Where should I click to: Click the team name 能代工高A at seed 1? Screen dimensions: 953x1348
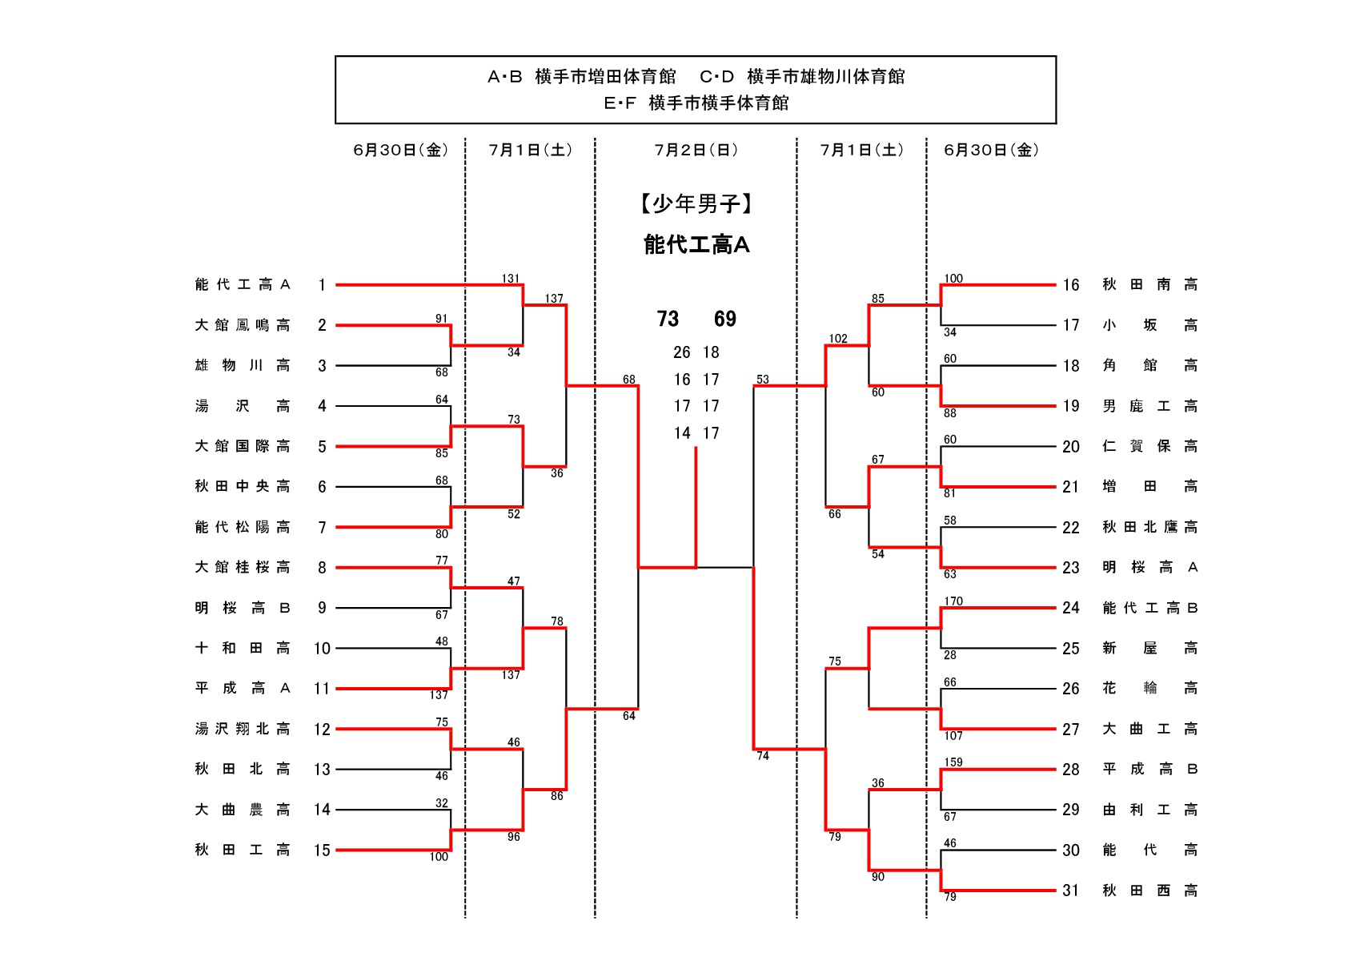pos(243,285)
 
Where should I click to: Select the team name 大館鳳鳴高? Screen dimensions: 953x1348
pos(243,325)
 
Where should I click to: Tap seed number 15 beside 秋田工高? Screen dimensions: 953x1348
pos(322,850)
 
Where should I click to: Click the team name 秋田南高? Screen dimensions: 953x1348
pos(1149,285)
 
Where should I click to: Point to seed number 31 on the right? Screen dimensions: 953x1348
pos(1071,891)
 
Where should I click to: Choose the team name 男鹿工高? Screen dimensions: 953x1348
pos(1149,406)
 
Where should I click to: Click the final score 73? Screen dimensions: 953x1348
pos(668,320)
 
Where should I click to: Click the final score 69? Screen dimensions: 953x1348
pos(725,320)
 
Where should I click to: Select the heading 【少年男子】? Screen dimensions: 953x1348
pos(696,204)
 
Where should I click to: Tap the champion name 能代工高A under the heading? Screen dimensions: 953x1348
pos(696,245)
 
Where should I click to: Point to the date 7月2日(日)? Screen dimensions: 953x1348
pos(696,151)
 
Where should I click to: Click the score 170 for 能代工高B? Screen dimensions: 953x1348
pos(953,601)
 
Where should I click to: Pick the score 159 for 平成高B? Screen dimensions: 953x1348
pos(953,762)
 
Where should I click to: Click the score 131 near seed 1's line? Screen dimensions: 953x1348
pos(511,279)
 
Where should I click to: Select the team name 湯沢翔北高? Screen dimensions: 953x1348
pos(243,729)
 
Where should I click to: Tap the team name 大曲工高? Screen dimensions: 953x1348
pos(1149,729)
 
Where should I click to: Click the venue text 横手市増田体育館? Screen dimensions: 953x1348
pos(605,77)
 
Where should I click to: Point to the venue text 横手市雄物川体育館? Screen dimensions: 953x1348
pos(826,77)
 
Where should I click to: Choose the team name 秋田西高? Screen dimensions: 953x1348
pos(1149,891)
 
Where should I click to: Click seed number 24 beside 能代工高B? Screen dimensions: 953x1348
pos(1071,608)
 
